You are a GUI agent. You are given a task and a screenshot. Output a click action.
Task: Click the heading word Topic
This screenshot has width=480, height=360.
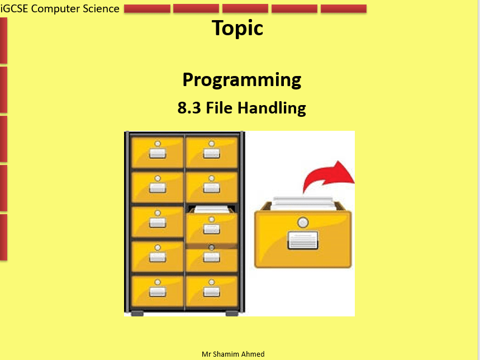237,28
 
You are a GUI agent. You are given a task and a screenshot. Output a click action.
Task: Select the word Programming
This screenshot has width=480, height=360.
241,80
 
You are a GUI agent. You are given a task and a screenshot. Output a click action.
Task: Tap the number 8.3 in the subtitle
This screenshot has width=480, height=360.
189,108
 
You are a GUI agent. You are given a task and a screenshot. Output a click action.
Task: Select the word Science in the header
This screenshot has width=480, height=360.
101,8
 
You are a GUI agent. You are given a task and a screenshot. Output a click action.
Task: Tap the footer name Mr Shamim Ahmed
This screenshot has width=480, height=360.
233,354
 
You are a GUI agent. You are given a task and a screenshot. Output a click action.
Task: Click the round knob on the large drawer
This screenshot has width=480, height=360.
303,222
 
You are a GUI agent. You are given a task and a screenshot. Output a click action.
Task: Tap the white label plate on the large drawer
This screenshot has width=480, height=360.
302,240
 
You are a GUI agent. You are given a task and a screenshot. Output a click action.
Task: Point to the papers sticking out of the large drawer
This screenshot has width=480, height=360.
302,203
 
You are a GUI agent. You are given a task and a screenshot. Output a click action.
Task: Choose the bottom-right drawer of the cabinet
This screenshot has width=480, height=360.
212,291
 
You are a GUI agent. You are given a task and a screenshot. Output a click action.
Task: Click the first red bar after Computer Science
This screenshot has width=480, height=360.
147,9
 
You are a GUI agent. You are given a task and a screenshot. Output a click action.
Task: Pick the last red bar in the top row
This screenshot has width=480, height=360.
344,9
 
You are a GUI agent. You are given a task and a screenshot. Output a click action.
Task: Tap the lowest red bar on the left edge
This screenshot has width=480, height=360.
3,237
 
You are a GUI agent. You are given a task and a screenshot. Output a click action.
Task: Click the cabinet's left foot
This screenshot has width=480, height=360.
137,314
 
